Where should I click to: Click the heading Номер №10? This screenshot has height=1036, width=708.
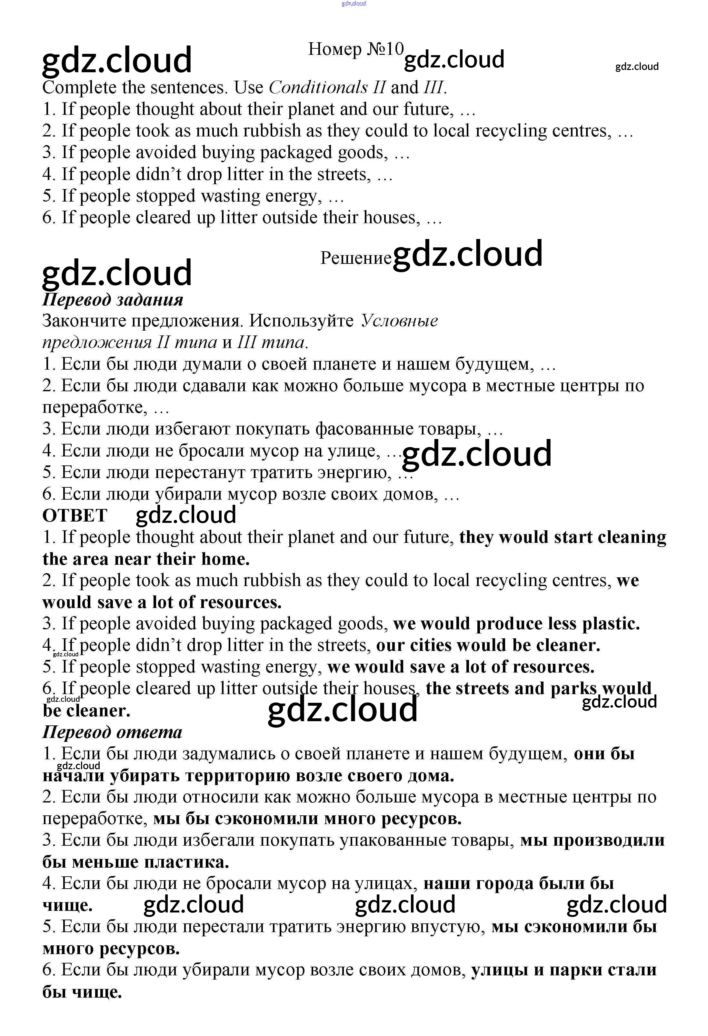(x=355, y=49)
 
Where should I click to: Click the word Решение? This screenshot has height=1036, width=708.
(x=355, y=258)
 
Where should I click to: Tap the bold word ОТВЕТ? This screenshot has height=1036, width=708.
(x=75, y=516)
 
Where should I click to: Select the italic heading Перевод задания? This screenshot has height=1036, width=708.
(x=112, y=300)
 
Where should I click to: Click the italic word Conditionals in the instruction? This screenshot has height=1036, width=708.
(x=319, y=87)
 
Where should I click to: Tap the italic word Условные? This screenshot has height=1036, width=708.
(x=399, y=321)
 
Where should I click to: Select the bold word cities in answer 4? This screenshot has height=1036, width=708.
(x=434, y=645)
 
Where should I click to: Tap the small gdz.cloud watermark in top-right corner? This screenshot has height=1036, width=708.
(x=637, y=67)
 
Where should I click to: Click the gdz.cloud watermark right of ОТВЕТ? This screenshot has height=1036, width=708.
(x=185, y=515)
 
